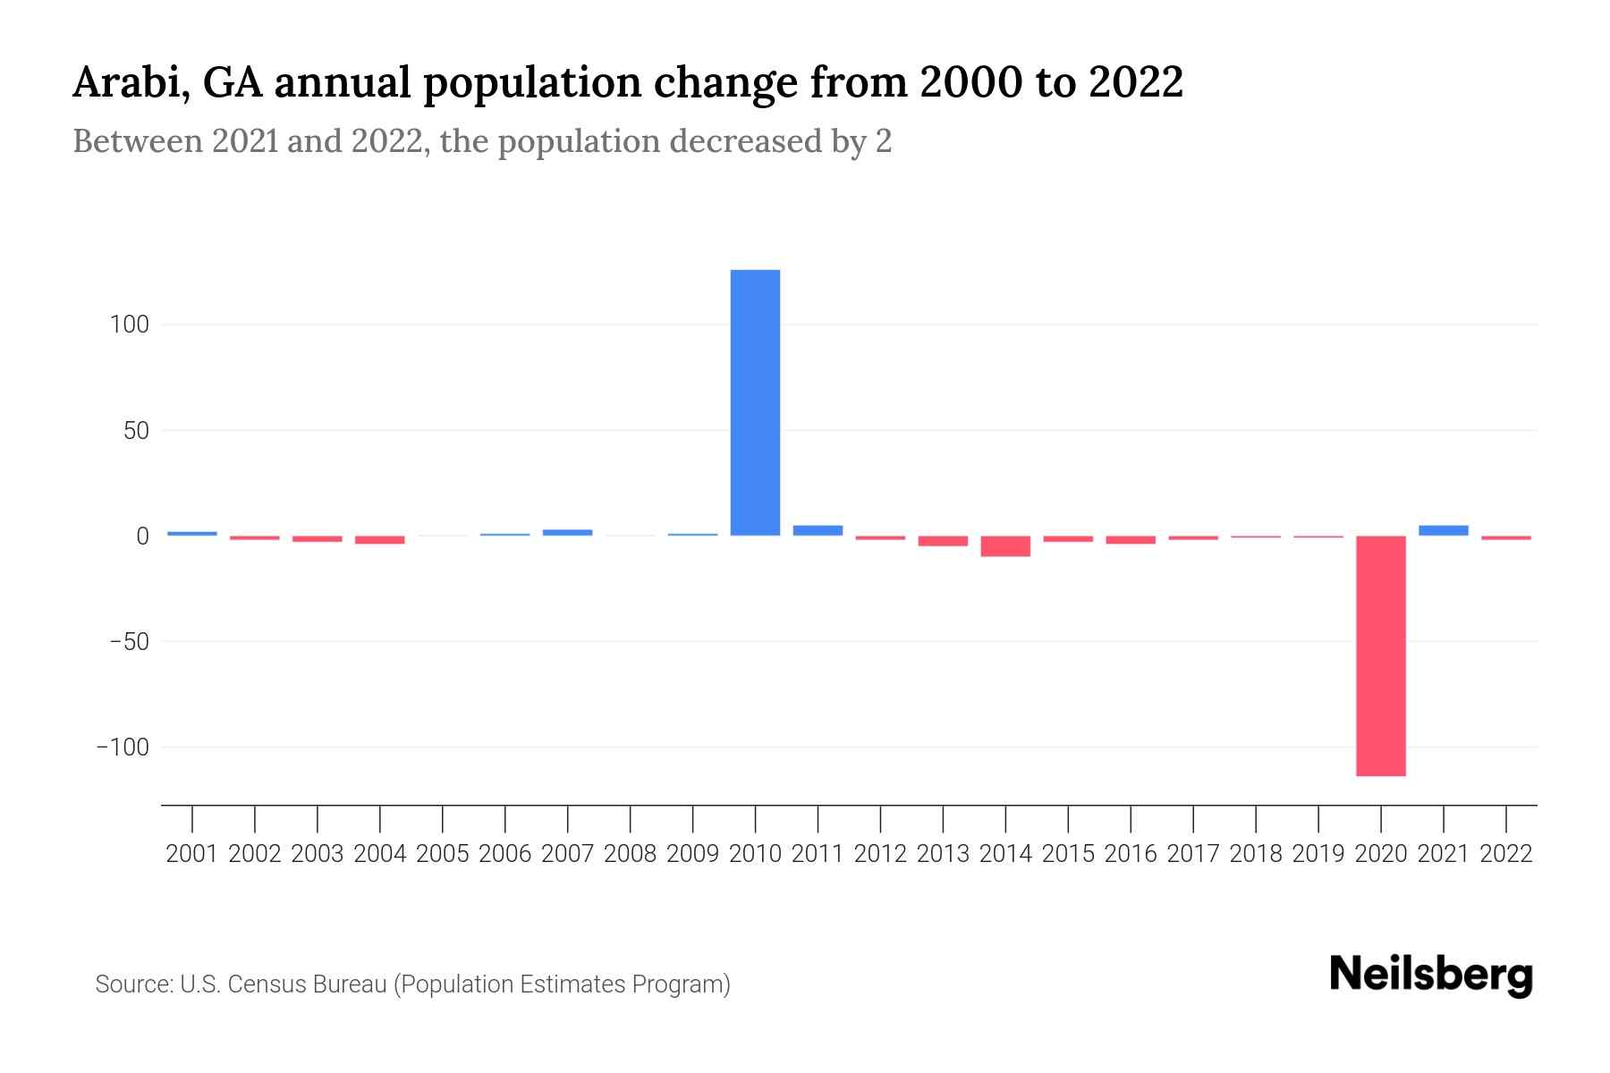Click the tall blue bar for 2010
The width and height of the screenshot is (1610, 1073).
coord(755,402)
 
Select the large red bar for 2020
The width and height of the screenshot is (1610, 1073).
coord(1380,655)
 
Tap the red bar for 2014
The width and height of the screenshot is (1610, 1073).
coord(1005,546)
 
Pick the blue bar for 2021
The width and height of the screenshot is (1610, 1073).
coord(1443,530)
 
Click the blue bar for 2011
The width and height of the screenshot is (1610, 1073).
coord(818,530)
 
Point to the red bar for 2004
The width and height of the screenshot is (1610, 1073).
coord(380,540)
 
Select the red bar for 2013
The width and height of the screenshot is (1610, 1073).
coord(943,541)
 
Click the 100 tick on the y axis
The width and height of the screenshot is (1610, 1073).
coord(129,325)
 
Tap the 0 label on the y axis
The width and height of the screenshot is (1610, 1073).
coord(141,536)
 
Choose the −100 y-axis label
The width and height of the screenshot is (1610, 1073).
coord(123,748)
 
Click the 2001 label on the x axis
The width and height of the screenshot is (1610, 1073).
coord(192,854)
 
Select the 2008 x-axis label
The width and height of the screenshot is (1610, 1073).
coord(630,854)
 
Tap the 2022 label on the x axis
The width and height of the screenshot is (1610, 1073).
coord(1506,854)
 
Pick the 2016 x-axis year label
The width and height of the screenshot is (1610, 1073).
coord(1131,854)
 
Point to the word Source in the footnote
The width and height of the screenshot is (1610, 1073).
coord(133,984)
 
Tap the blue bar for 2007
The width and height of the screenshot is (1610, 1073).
coord(567,532)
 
